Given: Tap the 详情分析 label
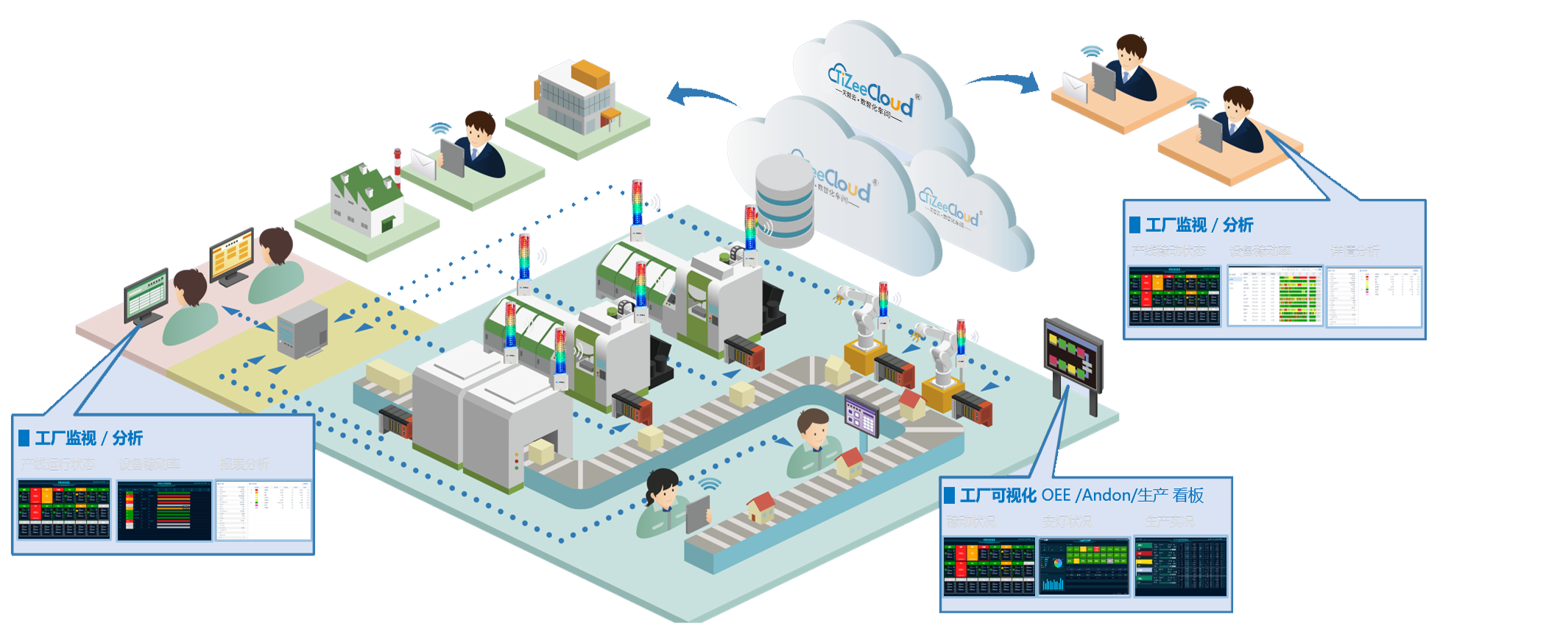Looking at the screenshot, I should tap(1355, 251).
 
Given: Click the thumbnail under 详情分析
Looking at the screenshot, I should tap(1374, 297).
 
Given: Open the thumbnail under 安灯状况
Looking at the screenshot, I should tap(1083, 566).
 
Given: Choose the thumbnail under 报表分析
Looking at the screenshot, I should tap(264, 510).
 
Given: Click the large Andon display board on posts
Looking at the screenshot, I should tap(1073, 356).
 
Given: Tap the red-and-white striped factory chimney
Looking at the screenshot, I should tap(398, 166).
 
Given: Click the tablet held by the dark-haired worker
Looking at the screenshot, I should tap(697, 513).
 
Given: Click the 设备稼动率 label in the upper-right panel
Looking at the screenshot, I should tap(1260, 251).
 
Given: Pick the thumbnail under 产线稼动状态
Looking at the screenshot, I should tap(1174, 297).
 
